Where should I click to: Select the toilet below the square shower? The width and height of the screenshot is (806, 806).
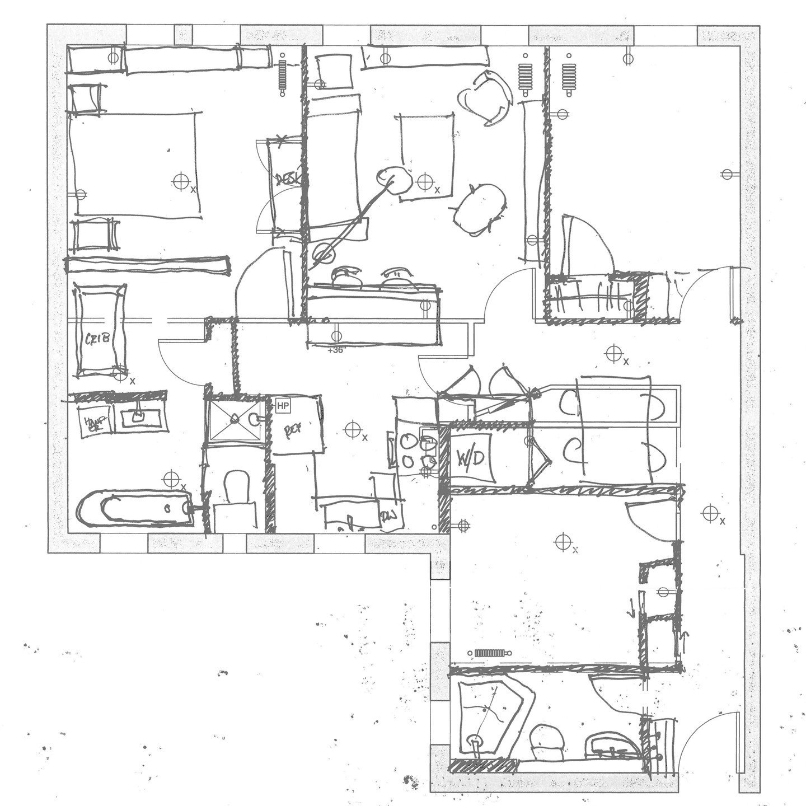click(235, 485)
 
